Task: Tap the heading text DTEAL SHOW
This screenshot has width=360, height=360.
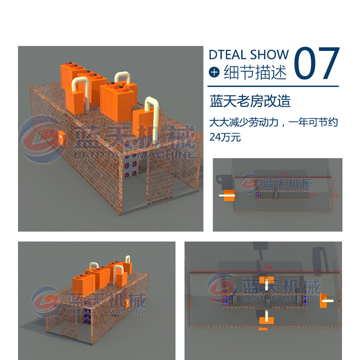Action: (x=248, y=55)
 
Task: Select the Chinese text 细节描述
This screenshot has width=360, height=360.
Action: (x=255, y=72)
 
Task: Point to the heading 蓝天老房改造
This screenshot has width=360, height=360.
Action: (x=250, y=101)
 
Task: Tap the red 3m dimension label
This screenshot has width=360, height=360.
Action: (x=335, y=196)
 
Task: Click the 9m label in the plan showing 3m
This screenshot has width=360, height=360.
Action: (x=283, y=173)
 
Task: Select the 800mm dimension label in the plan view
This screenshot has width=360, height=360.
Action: (x=208, y=299)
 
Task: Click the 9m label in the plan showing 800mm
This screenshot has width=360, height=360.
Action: (x=268, y=267)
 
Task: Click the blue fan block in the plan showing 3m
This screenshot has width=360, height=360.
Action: (x=259, y=195)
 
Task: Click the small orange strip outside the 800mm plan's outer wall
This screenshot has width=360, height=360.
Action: (x=263, y=328)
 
